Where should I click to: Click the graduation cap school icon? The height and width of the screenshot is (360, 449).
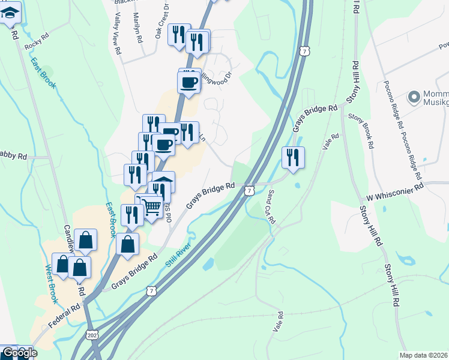[x=11, y=12]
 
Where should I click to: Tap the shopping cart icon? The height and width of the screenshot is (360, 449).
[x=152, y=207]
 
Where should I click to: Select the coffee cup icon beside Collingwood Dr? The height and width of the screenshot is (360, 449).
[x=189, y=82]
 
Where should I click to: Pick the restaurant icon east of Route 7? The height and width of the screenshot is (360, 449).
[x=293, y=157]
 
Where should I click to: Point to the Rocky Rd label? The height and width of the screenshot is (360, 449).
[x=35, y=43]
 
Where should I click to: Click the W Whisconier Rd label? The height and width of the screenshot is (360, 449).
[x=396, y=191]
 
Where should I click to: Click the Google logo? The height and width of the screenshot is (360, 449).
[x=19, y=353]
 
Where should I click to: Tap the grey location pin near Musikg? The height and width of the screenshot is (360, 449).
[x=414, y=96]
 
